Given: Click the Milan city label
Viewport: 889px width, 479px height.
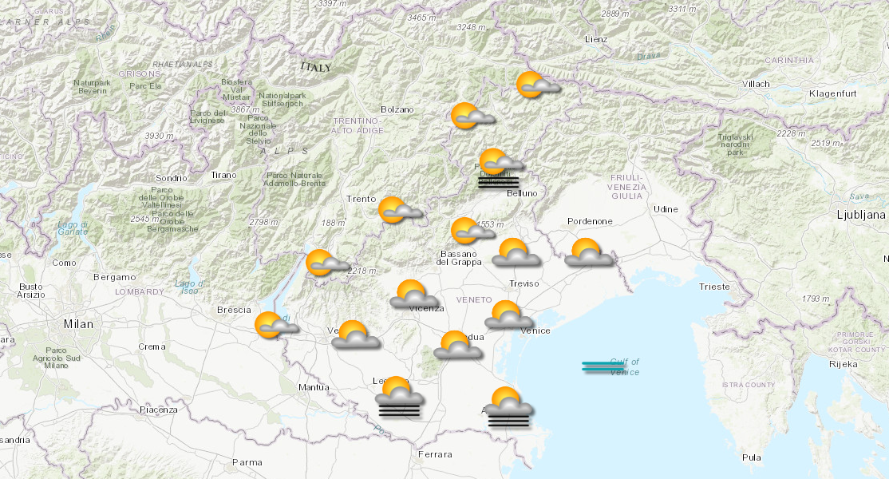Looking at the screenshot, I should (x=79, y=324).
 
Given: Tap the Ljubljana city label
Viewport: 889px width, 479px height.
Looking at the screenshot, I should (x=861, y=215).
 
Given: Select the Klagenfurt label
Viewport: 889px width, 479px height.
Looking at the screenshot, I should (x=832, y=94).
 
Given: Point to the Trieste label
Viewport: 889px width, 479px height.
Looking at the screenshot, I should (x=713, y=287).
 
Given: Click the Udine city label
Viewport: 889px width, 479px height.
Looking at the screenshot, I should (x=666, y=209).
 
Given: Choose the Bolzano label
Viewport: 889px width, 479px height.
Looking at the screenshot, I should (x=397, y=109).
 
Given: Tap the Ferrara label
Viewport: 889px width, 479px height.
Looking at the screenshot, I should (x=434, y=455).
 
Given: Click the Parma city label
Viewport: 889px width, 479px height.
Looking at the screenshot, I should (x=247, y=462).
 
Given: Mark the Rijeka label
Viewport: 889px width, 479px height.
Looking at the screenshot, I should (x=844, y=364).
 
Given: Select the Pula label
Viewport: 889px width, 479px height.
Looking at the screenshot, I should (x=751, y=457).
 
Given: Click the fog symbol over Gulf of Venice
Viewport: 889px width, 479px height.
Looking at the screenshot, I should (x=603, y=367).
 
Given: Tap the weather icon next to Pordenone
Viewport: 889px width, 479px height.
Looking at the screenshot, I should (x=589, y=253).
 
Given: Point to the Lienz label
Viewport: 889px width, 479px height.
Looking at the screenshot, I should (x=595, y=39).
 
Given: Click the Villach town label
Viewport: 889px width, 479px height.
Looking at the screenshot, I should (x=756, y=84).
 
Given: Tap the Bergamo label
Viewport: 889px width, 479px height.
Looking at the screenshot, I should (x=114, y=277).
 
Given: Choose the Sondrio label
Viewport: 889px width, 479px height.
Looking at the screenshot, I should (x=172, y=178).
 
